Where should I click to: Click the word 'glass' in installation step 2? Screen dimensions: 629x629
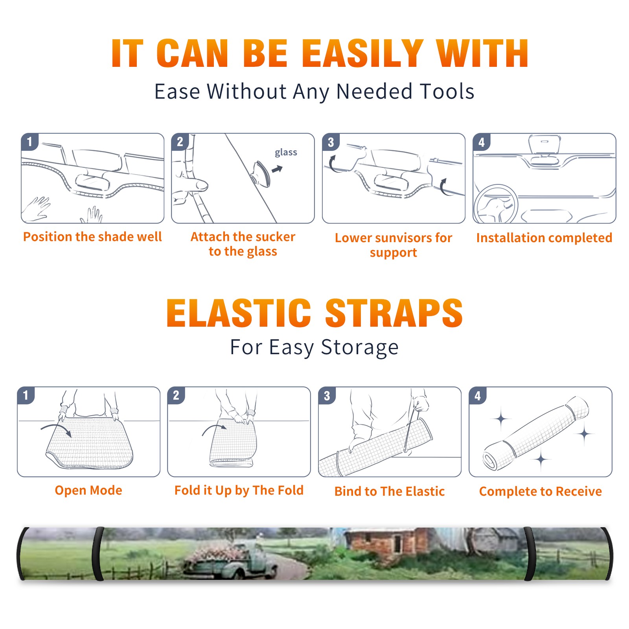tap(286, 152)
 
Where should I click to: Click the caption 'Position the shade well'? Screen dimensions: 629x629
tap(92, 237)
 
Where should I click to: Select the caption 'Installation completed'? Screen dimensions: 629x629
tap(544, 237)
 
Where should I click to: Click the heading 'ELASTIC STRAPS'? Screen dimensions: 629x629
tap(314, 313)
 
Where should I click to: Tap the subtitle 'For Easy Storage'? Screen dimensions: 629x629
tap(314, 348)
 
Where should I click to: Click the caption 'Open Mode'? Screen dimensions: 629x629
tap(88, 490)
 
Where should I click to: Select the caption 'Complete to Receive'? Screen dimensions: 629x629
tap(541, 491)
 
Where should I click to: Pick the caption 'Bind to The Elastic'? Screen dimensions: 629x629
tap(390, 491)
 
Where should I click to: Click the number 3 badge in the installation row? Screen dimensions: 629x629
tap(331, 142)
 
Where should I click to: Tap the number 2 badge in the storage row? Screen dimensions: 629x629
tap(176, 395)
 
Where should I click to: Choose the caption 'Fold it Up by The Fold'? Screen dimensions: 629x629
tap(239, 491)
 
